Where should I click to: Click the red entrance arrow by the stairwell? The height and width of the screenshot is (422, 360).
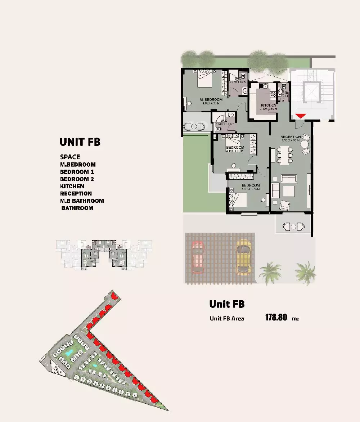point(301,116)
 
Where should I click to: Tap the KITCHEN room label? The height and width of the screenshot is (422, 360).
point(269,105)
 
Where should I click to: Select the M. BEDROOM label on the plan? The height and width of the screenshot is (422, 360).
point(211,99)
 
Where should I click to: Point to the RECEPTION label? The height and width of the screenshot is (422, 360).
point(291,137)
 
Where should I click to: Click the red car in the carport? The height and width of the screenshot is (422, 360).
point(198,257)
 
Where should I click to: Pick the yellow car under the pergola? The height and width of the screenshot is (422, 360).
point(243,257)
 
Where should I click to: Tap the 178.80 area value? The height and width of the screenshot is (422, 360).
point(276,318)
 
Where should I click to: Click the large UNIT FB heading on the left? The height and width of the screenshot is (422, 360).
point(80,142)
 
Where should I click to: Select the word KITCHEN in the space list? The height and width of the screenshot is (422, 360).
point(72,186)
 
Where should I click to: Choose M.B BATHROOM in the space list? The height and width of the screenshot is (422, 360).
point(82,201)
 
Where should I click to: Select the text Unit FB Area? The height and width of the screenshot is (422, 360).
point(227,318)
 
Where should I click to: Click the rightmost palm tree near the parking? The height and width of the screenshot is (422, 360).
point(306,272)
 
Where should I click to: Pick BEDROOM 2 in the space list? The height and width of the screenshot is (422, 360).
point(77,179)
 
